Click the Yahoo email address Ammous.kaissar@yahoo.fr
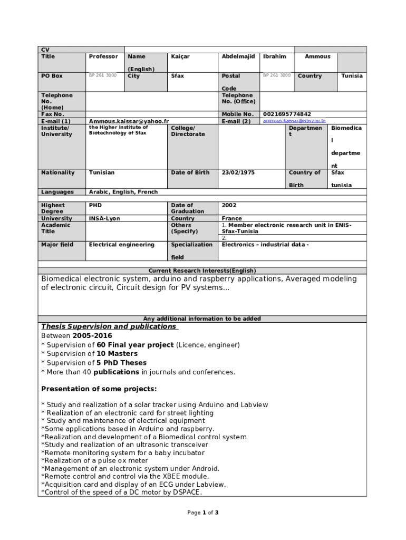129,121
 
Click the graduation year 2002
229,205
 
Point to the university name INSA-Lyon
104,218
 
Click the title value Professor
103,56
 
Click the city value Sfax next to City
178,76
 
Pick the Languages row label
57,192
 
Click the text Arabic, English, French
123,192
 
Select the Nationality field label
58,172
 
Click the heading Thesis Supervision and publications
109,326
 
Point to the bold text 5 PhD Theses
121,363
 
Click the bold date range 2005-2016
92,336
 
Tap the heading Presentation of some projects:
99,389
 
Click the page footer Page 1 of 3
203,513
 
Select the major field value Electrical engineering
122,245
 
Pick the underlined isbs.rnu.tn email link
294,121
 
